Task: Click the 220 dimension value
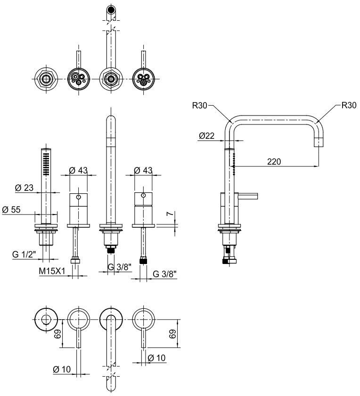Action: (274, 161)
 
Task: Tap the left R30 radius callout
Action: (200, 105)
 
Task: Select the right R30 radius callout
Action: (349, 105)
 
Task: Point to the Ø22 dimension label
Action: (206, 136)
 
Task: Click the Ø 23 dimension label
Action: (24, 188)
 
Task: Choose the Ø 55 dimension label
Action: (11, 210)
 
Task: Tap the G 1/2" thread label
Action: (25, 254)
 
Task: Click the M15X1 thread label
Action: (52, 271)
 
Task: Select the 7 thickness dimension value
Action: (171, 214)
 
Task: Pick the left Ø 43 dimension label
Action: (78, 171)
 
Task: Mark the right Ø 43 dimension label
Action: (143, 171)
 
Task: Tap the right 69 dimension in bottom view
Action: (172, 334)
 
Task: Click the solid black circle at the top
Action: (111, 9)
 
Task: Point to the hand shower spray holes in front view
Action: (46, 164)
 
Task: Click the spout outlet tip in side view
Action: (319, 142)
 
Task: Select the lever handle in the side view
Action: (248, 196)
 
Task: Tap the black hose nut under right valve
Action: (143, 261)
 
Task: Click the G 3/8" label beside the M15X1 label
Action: (120, 267)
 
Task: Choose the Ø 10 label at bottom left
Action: (62, 370)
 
